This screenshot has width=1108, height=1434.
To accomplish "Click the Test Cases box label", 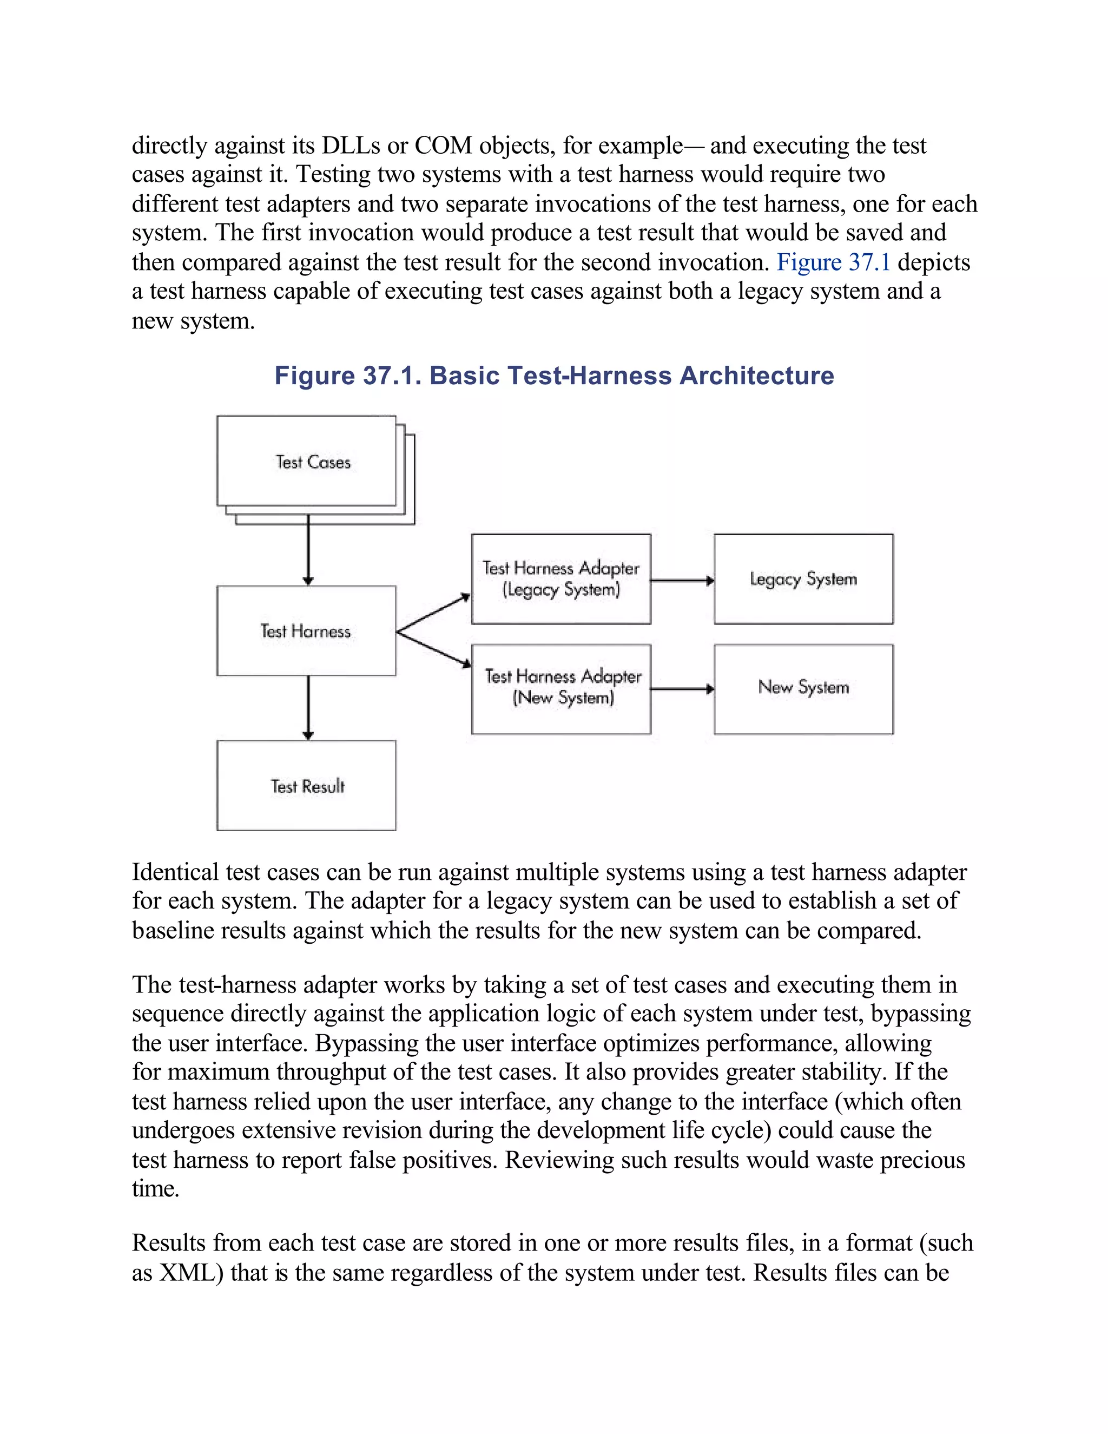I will (313, 462).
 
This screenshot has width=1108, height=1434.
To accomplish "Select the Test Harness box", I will (306, 631).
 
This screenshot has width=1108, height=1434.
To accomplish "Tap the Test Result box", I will (306, 786).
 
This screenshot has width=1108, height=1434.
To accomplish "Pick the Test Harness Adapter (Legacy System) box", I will (560, 578).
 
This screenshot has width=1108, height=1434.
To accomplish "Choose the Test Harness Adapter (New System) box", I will (560, 689).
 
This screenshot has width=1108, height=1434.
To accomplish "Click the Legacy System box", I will (803, 578).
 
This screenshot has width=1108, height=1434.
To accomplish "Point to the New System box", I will (803, 689).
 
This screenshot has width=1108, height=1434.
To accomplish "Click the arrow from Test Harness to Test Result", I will (308, 708).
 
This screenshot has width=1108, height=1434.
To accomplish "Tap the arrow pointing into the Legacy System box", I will (683, 581).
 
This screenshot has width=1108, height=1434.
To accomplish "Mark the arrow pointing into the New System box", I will (683, 689).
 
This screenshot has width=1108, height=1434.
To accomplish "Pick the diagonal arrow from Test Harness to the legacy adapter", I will (433, 613).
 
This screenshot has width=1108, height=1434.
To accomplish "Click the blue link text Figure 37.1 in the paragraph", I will (833, 262).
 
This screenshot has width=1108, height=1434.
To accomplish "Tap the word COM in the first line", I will (443, 145).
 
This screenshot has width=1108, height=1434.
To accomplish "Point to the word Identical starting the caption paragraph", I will (175, 872).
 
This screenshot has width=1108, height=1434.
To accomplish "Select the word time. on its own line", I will (156, 1188).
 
